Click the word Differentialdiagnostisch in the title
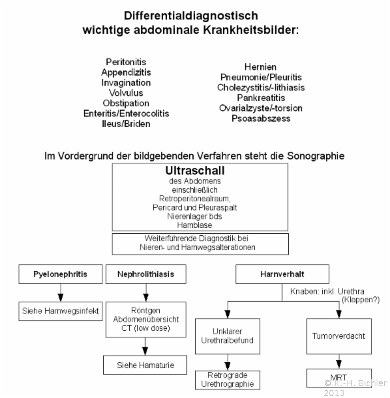tap(191, 16)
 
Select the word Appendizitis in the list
tap(126, 72)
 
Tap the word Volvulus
tap(126, 93)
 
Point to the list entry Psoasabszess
tap(261, 118)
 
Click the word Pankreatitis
tap(261, 98)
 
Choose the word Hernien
tap(260, 67)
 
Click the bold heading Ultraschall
tap(195, 171)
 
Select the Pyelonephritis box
tap(61, 274)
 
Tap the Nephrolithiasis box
tap(146, 274)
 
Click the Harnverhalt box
tap(282, 274)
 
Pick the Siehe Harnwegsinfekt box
tap(61, 311)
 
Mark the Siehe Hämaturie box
tap(145, 365)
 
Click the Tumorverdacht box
tap(339, 336)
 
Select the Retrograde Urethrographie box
tap(228, 380)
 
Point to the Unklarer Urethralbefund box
tap(228, 336)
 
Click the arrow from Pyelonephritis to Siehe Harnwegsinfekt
tap(61, 292)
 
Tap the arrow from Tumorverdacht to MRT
tap(339, 361)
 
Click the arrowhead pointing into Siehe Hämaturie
tap(145, 351)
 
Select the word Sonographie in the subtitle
tap(315, 156)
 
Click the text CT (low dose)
tap(146, 328)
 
